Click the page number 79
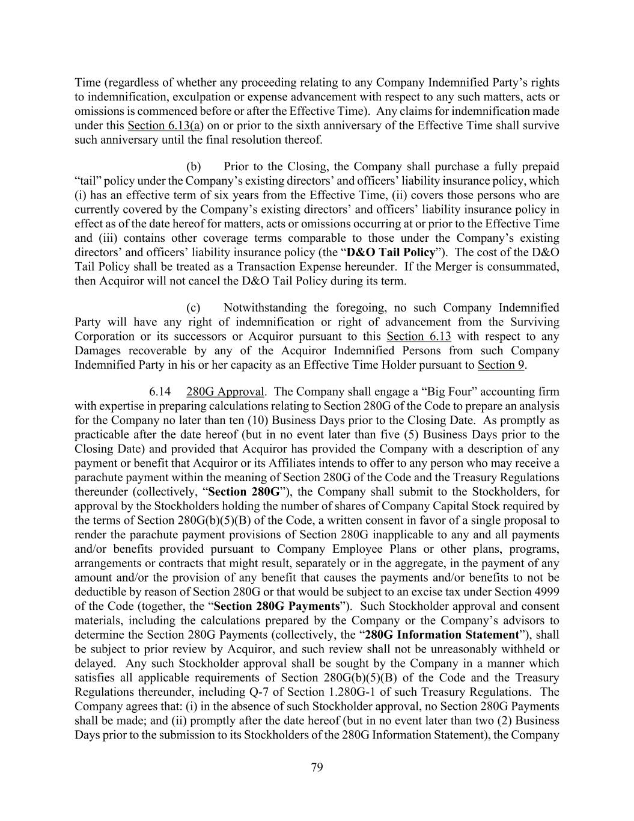317,767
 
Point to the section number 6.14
160,392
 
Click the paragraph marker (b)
194,167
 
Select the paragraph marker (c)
194,308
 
